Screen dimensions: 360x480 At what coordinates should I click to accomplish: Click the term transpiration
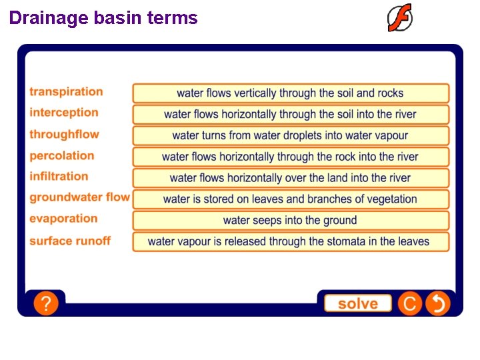coord(66,92)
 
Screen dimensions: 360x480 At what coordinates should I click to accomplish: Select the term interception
coord(64,113)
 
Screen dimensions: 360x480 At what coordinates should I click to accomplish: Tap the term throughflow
coord(64,135)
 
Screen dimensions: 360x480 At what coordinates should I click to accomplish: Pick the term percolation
coord(62,156)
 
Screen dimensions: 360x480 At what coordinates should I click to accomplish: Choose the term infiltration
coord(59,177)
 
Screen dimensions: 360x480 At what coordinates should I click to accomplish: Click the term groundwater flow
coord(79,197)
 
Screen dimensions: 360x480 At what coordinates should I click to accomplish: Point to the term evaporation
coord(63,219)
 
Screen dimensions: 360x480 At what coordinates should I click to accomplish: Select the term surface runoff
coord(70,241)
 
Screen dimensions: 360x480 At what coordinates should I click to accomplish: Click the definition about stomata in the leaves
coord(290,241)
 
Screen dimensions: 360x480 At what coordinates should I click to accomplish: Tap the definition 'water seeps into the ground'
coord(290,220)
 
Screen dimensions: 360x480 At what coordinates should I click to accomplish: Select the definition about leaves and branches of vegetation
coord(290,199)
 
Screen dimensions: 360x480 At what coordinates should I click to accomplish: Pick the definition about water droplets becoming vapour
coord(290,135)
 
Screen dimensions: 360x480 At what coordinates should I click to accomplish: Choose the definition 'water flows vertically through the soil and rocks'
coord(290,93)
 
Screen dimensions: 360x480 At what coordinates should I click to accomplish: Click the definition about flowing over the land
coord(290,178)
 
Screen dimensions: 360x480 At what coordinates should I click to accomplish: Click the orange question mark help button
coord(46,304)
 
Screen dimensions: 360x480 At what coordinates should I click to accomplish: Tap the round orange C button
coord(410,304)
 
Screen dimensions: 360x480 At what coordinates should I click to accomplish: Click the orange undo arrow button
coord(438,304)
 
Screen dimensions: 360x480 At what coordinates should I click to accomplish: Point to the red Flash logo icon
coord(400,18)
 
